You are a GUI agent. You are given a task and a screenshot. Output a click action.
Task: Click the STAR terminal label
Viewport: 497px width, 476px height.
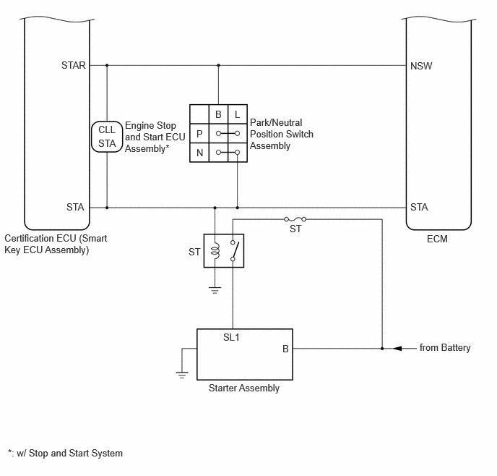[73, 65]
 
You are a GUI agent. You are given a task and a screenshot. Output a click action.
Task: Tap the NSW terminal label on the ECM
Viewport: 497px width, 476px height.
[421, 66]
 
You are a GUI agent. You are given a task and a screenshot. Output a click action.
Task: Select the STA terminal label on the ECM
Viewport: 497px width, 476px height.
[419, 207]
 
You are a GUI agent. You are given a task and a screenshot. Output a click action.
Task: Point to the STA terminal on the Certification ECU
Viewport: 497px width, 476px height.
[75, 207]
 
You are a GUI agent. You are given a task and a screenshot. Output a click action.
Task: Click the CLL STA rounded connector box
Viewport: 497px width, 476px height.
[107, 137]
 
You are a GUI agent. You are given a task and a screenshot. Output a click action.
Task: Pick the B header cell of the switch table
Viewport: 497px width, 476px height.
[218, 114]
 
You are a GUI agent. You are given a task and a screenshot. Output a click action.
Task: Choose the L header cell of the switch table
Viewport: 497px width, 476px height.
[238, 114]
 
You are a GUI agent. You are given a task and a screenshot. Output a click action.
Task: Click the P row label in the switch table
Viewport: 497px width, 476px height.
[199, 134]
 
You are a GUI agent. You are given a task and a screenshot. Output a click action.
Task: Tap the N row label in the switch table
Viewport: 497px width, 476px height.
[199, 153]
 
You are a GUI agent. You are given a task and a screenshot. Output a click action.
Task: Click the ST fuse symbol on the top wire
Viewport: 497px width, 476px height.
[295, 219]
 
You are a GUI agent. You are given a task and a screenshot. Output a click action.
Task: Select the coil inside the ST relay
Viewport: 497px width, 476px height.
[215, 251]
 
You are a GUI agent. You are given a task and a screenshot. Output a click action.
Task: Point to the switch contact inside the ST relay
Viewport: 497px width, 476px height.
[234, 251]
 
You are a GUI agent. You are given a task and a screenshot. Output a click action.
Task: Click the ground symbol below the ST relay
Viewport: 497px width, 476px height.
[215, 290]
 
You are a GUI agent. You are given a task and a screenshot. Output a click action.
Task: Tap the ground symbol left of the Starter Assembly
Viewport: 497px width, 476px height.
[182, 375]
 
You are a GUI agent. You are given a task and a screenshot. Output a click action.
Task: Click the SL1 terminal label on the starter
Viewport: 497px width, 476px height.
[231, 337]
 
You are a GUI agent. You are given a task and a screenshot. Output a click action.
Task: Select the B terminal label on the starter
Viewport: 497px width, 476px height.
[285, 349]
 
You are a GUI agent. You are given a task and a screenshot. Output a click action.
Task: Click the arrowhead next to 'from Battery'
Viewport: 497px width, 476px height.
[397, 349]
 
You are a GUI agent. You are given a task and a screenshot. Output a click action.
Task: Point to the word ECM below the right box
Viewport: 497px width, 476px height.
[437, 239]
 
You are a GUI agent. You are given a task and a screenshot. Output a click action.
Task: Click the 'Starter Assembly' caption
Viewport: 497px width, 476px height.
[244, 388]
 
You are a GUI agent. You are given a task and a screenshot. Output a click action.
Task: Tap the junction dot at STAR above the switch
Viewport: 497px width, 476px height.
[218, 65]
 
